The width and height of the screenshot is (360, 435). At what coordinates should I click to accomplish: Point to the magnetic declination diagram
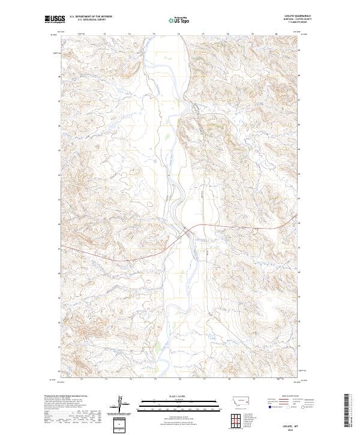(122, 405)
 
